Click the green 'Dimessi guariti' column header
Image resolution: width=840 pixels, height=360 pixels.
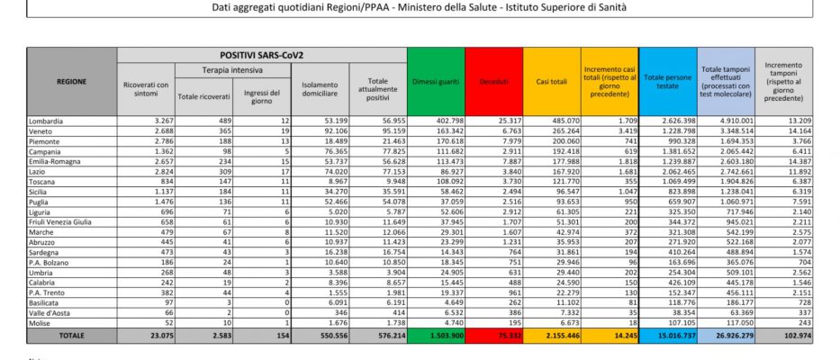coord(437,81)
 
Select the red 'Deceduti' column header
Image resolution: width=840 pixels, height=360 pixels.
coord(493,81)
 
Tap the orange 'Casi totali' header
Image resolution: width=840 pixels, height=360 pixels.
coord(551,81)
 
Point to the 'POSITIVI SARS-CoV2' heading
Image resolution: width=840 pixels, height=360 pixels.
coord(262,55)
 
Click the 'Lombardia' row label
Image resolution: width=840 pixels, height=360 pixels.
coord(48,120)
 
